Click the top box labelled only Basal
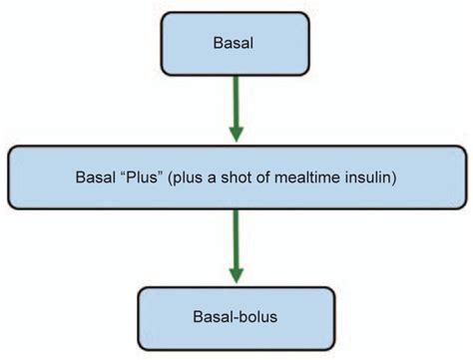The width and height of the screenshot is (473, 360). [236, 45]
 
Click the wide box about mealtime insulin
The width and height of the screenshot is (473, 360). [236, 180]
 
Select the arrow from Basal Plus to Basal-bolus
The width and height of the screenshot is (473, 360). [236, 239]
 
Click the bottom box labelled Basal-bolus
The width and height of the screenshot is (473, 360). [236, 317]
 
